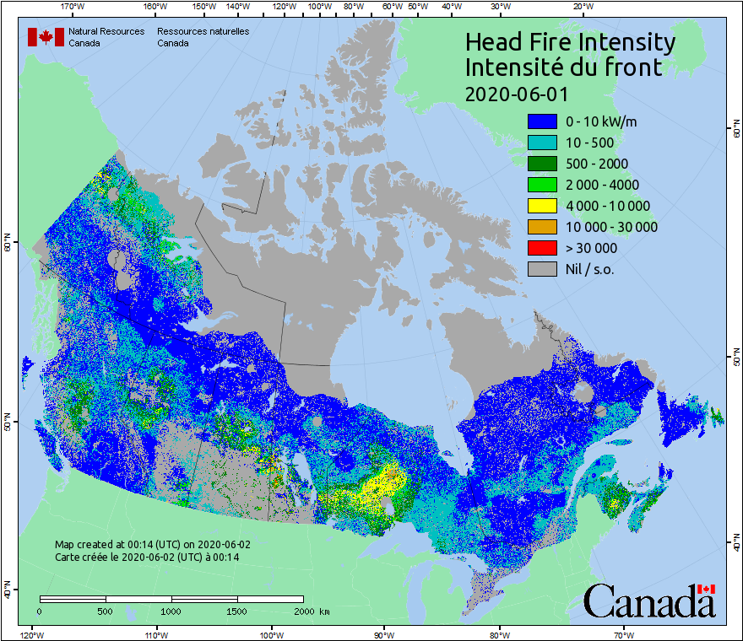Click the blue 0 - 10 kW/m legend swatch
[542, 121]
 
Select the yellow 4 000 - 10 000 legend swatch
[542, 206]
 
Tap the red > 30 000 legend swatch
[542, 248]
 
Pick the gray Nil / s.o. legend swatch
[542, 269]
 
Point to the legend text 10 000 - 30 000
[611, 227]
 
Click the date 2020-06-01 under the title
[517, 93]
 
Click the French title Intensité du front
[564, 67]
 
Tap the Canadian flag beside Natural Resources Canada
[46, 37]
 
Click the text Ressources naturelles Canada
[203, 37]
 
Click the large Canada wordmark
[648, 601]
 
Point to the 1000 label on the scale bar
[171, 611]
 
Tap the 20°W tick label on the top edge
[581, 7]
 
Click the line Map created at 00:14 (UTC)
[153, 545]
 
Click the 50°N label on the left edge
[7, 422]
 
